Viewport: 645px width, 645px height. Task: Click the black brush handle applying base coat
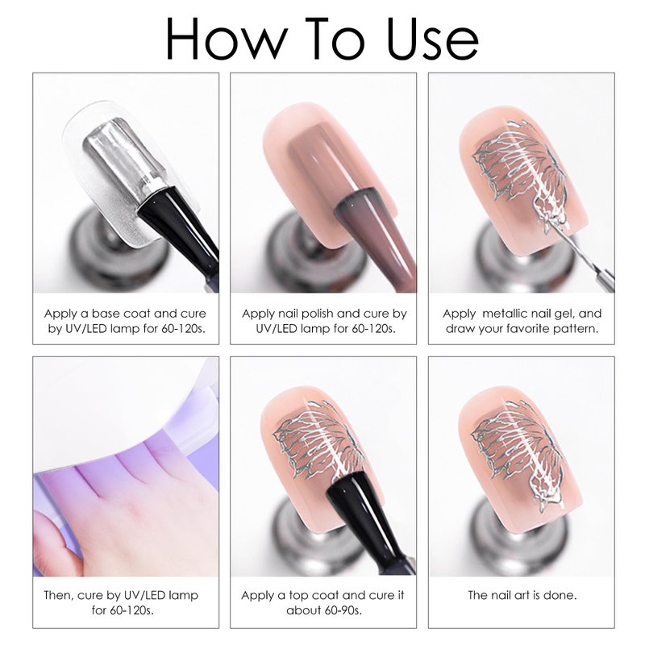click(x=181, y=231)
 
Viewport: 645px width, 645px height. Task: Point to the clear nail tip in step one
click(x=123, y=172)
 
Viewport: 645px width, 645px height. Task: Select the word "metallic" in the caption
click(x=505, y=314)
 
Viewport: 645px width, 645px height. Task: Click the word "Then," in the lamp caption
click(x=59, y=595)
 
